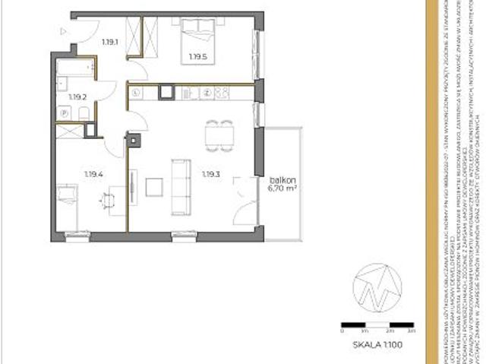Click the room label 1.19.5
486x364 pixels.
click(197, 55)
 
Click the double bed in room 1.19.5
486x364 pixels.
click(200, 38)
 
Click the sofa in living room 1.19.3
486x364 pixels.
click(182, 186)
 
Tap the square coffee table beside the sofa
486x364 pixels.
click(155, 186)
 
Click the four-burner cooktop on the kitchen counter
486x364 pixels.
click(222, 92)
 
